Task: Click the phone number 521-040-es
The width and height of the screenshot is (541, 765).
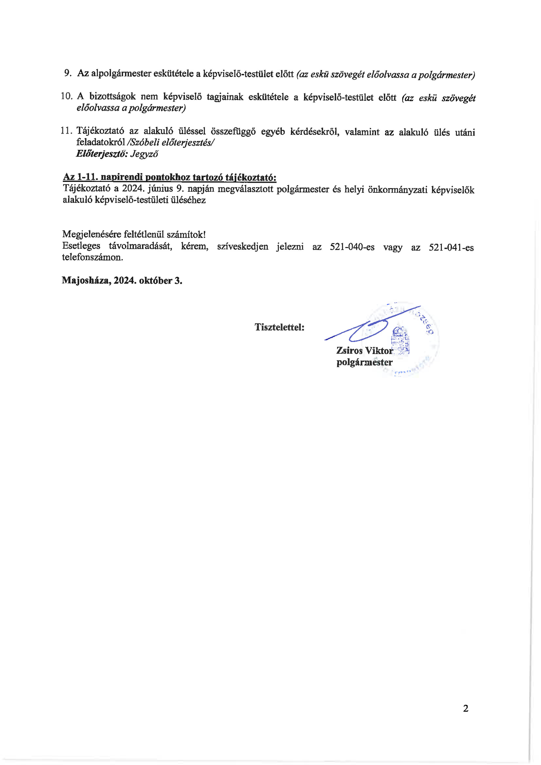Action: pyautogui.click(x=352, y=247)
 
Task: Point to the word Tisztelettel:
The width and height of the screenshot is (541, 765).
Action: pyautogui.click(x=279, y=327)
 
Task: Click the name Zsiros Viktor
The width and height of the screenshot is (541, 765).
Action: pyautogui.click(x=365, y=351)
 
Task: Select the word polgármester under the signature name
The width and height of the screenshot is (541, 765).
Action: pyautogui.click(x=365, y=362)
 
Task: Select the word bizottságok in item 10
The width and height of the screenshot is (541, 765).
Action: pyautogui.click(x=113, y=97)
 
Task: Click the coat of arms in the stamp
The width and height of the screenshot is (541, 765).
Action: pyautogui.click(x=400, y=340)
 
